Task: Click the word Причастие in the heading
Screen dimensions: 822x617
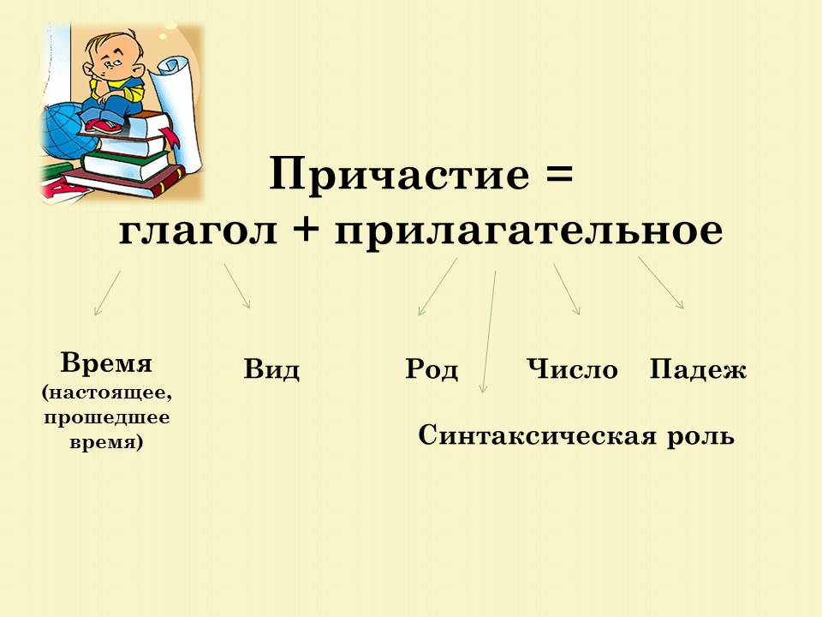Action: (400, 175)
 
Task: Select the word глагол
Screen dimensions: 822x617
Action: (198, 230)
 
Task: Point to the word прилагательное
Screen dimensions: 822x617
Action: (529, 231)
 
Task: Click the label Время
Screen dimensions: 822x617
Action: (106, 362)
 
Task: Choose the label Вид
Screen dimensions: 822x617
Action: (271, 368)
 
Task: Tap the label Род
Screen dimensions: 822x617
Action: (432, 368)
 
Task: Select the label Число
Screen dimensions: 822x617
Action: (573, 368)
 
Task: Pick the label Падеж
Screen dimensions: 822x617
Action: (698, 368)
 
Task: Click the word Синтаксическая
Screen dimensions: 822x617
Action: (537, 435)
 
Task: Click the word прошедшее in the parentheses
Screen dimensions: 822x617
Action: (107, 418)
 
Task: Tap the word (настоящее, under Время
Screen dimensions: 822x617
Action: (106, 393)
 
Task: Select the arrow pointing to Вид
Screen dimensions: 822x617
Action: (237, 285)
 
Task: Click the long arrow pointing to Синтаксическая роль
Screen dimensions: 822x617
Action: (489, 332)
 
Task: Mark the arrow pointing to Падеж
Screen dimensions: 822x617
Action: (661, 282)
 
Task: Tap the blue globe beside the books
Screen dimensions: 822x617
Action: (62, 131)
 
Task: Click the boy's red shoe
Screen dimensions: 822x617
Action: (104, 126)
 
